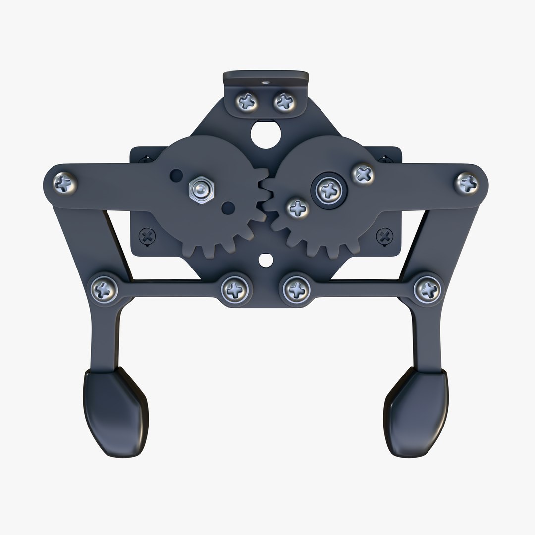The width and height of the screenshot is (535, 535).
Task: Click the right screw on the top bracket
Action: click(x=284, y=103)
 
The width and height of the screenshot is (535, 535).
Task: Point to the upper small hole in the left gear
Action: click(x=176, y=174)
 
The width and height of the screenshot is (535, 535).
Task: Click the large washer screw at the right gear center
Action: click(x=328, y=188)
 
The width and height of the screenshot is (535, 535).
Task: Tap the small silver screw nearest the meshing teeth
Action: click(x=298, y=208)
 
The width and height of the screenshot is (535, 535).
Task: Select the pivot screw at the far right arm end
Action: click(x=467, y=182)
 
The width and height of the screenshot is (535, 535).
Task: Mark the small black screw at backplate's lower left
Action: click(x=147, y=236)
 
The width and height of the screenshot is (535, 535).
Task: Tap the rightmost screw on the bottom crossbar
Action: click(x=426, y=287)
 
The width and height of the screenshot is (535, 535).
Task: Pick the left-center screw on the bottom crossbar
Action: click(x=233, y=288)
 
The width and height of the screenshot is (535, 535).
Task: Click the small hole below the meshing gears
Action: click(x=266, y=259)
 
